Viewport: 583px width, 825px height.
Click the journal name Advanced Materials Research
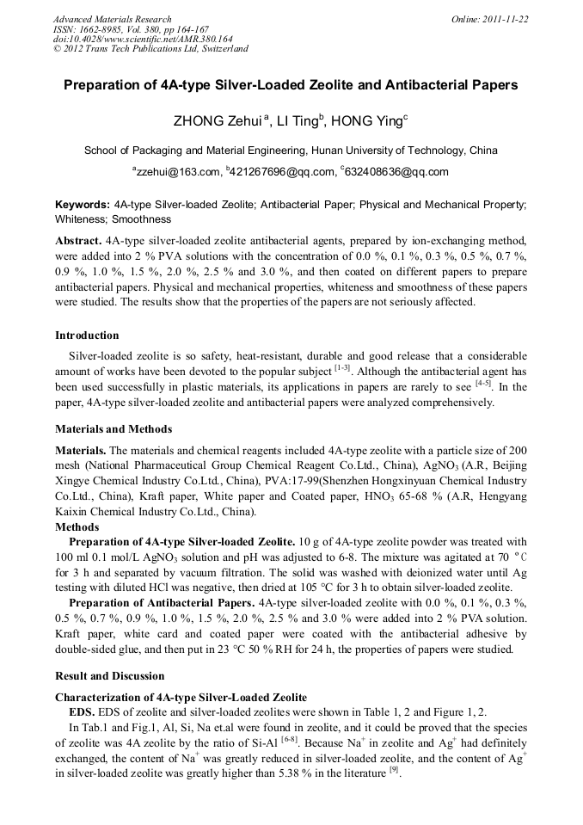[112, 19]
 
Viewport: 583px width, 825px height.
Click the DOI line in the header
[143, 39]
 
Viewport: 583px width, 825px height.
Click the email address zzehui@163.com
[176, 172]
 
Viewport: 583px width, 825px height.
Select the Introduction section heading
[87, 336]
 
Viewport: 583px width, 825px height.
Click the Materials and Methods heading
[114, 429]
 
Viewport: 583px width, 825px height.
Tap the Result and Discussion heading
[109, 676]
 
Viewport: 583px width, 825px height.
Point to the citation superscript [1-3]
[341, 369]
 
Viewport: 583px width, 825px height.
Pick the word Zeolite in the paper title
[354, 85]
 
